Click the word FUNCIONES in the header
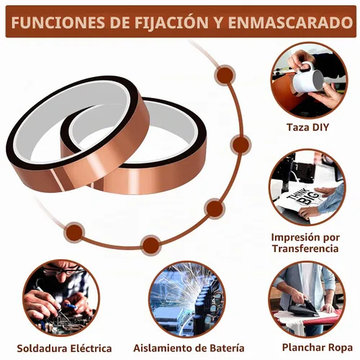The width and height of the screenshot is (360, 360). [x=58, y=22]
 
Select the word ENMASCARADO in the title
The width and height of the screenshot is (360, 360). [x=290, y=22]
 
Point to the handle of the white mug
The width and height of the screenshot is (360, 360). [x=305, y=67]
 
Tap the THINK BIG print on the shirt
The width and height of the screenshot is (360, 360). [x=302, y=197]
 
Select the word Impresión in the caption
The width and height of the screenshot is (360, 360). [x=298, y=238]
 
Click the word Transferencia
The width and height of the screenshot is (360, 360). [x=305, y=248]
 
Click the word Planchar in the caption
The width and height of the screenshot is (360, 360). [x=304, y=348]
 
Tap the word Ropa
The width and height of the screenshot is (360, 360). [x=341, y=348]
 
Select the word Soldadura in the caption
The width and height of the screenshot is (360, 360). [x=42, y=348]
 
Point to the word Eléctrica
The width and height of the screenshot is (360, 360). [x=91, y=348]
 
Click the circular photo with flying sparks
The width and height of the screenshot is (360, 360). [x=186, y=299]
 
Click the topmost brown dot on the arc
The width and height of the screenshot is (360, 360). [x=225, y=75]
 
